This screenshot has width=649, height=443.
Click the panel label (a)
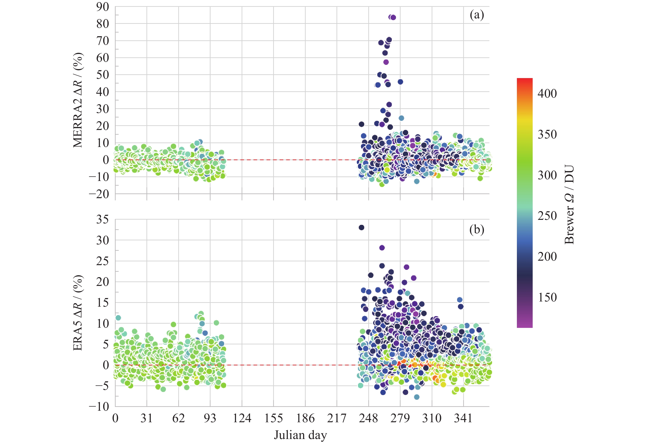(x=476, y=15)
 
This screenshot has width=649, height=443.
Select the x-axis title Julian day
(x=300, y=435)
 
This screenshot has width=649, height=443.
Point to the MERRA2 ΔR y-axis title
(x=78, y=100)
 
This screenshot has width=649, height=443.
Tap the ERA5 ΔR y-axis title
(x=78, y=313)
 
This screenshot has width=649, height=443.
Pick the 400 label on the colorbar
(x=547, y=93)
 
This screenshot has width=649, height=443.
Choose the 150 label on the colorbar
(x=547, y=297)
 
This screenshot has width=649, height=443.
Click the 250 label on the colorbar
(x=547, y=216)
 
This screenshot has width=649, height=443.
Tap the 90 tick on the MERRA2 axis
(x=102, y=7)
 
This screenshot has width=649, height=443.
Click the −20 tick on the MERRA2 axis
(x=99, y=194)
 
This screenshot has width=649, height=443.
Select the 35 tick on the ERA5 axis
(x=102, y=220)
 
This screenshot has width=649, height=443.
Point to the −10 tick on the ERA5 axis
(x=99, y=406)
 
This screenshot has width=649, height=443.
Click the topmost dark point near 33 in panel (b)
(x=361, y=227)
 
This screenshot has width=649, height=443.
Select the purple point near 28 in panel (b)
(x=382, y=247)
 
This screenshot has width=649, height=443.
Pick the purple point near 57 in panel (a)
(x=386, y=62)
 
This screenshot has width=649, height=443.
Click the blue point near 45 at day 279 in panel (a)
(x=400, y=82)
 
